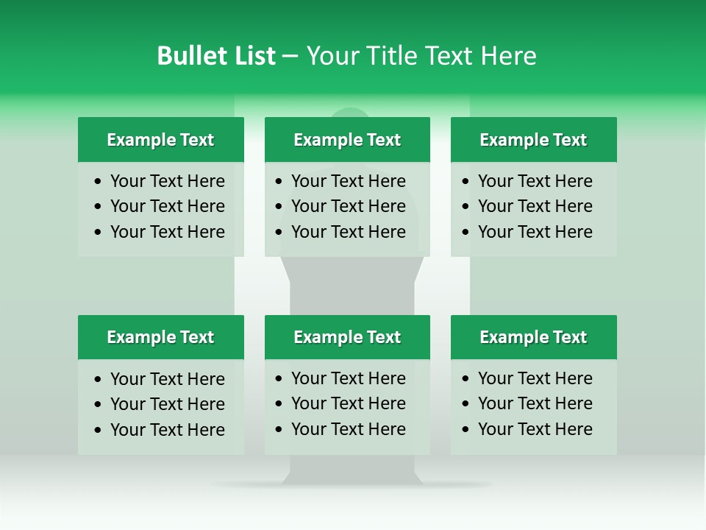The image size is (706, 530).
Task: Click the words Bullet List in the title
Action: tap(216, 56)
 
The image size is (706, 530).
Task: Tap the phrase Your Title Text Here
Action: tap(421, 56)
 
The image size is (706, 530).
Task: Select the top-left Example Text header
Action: tap(160, 140)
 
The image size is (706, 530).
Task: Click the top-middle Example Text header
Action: tap(347, 140)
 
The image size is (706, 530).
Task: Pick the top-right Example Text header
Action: tap(533, 140)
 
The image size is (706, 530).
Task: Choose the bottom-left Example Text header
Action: tap(160, 337)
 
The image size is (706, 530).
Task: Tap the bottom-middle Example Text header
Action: tap(347, 337)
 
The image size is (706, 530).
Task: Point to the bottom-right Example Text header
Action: tap(533, 337)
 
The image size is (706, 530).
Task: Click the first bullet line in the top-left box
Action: tap(168, 181)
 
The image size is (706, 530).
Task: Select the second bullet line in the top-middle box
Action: tap(349, 206)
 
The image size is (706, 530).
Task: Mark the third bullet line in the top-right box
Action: tap(535, 232)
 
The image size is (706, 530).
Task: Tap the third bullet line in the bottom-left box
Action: tap(168, 430)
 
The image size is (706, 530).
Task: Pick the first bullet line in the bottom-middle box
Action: tap(349, 378)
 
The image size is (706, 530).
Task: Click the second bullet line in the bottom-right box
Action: tap(535, 403)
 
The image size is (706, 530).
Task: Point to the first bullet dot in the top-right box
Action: tap(466, 182)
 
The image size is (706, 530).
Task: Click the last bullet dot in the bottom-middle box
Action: tap(279, 430)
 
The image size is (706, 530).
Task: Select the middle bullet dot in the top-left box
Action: tap(99, 207)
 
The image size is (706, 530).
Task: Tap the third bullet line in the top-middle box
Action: tap(349, 232)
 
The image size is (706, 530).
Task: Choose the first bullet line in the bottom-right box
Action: tap(535, 378)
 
